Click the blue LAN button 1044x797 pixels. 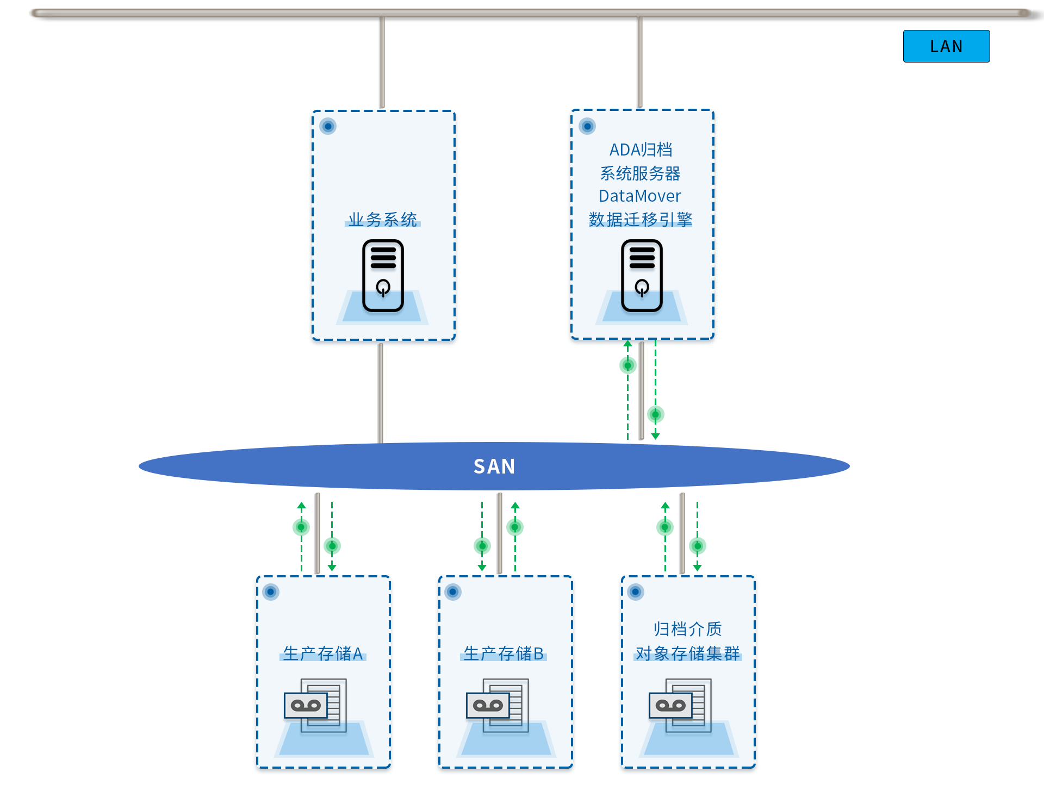click(x=946, y=46)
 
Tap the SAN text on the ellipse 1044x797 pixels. click(x=494, y=466)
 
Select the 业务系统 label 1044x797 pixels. click(x=383, y=220)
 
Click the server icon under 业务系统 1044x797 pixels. click(x=383, y=276)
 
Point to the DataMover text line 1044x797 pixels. click(x=640, y=196)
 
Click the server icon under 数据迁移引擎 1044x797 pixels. click(x=642, y=276)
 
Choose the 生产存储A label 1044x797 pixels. click(x=323, y=653)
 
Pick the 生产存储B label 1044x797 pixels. click(x=504, y=653)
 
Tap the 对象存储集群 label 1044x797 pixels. click(x=688, y=653)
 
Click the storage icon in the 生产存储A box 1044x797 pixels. click(x=316, y=705)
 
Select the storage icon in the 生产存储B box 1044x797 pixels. click(x=498, y=705)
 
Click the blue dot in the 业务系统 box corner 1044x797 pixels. click(x=328, y=126)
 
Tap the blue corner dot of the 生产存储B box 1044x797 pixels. click(x=453, y=591)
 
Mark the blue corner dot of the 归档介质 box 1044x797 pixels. click(x=636, y=591)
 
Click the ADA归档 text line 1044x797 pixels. click(x=641, y=150)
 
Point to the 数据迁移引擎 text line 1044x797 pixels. click(x=641, y=220)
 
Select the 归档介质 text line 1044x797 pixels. click(x=688, y=629)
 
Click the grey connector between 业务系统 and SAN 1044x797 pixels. click(x=381, y=393)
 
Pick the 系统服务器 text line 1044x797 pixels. click(x=641, y=173)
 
